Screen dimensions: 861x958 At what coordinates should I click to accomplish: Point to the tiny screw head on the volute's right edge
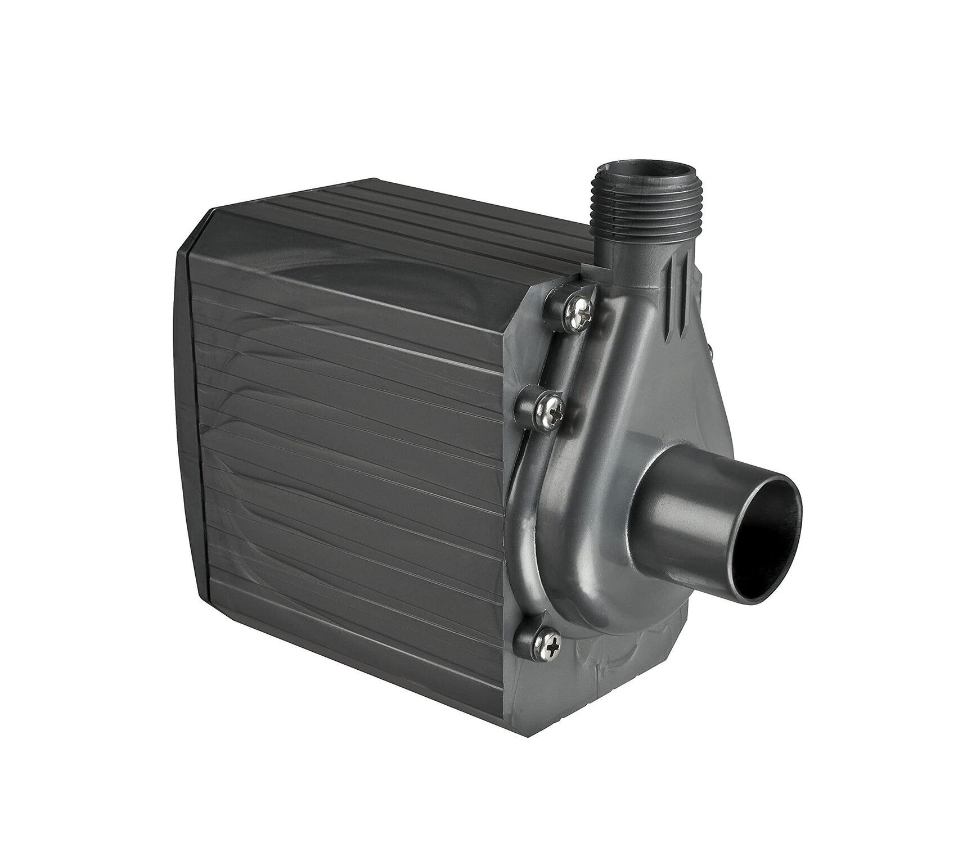pos(710,353)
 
